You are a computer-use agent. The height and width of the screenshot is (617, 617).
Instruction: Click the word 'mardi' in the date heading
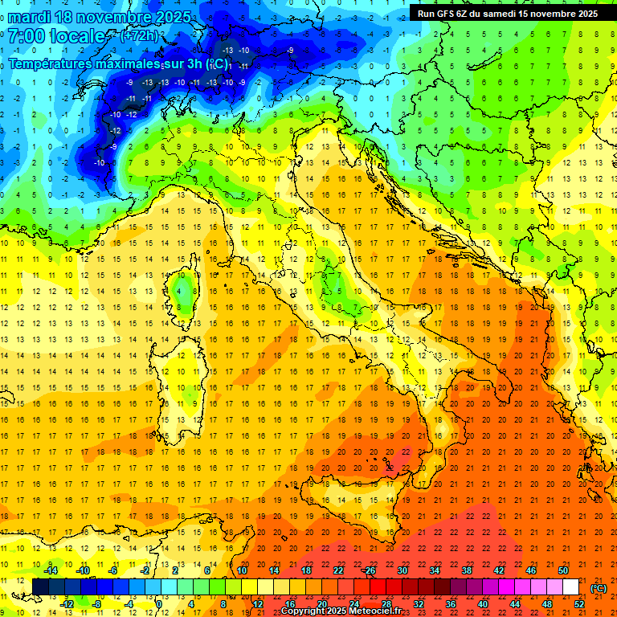click(31, 17)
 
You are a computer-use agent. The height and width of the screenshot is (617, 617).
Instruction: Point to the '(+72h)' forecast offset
click(138, 36)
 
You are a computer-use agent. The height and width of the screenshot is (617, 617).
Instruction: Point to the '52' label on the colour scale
click(579, 604)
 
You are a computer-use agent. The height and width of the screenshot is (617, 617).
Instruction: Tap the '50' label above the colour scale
click(563, 570)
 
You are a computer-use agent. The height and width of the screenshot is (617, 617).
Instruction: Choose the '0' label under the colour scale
click(159, 604)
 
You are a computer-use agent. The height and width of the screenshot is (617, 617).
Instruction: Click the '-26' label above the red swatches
click(369, 570)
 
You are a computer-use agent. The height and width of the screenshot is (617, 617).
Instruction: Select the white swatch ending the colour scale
click(570, 587)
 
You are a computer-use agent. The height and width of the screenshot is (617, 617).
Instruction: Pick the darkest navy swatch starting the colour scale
click(41, 587)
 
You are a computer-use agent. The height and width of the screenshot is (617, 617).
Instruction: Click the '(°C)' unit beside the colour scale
click(599, 588)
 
